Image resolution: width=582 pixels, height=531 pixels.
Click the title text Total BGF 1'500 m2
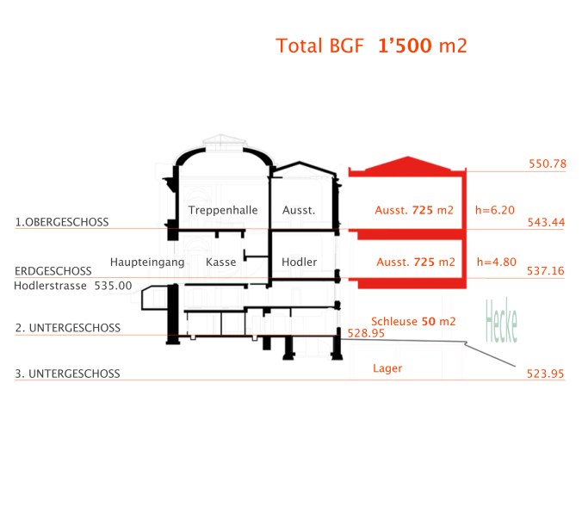371,46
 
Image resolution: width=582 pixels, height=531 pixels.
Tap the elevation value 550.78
546,164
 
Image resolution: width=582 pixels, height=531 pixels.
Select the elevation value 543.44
546,222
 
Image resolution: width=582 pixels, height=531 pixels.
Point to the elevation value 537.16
546,270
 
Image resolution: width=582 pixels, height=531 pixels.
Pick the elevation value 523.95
546,374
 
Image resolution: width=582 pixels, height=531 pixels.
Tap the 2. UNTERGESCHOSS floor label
67,328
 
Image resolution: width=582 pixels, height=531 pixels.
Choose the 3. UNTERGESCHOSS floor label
67,374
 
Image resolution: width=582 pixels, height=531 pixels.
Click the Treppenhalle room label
223,210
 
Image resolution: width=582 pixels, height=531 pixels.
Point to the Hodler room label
300,262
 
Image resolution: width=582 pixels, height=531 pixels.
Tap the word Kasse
221,262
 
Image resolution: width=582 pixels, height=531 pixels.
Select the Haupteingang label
147,262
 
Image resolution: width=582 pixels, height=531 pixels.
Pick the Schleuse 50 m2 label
413,320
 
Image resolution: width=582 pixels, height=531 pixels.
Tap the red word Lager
387,368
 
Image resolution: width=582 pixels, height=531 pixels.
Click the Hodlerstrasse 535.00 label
73,286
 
